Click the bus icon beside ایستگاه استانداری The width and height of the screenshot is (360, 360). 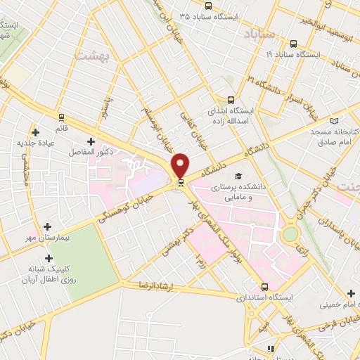pyautogui.click(x=264, y=287)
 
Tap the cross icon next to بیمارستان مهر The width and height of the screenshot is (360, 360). pyautogui.click(x=47, y=226)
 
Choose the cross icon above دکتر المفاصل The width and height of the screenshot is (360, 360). pyautogui.click(x=91, y=141)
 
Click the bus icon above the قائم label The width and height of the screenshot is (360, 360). pyautogui.click(x=63, y=117)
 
